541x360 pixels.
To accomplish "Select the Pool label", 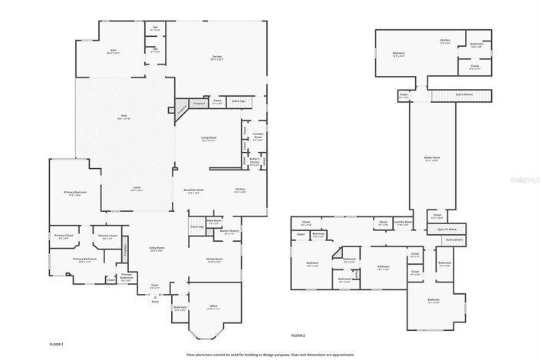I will coord(124,117).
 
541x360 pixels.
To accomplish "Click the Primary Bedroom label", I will coord(74,193).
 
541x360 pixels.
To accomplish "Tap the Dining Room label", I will coord(214,260).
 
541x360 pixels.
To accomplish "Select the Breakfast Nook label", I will coord(193,191).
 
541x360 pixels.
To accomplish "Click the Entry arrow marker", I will coord(155,300).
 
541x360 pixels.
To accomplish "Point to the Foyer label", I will coord(154,286).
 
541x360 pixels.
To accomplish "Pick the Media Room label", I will coord(432,159).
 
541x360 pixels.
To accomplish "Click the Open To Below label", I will coord(447,230).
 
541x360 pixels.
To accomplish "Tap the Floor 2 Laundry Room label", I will coord(404,223).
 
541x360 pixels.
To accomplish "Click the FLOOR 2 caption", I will coord(298,335).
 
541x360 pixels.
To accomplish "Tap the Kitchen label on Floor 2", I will coord(444,41).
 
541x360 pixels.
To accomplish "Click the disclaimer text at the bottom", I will coord(270,354).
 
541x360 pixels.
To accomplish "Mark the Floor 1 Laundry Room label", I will coord(258,137).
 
